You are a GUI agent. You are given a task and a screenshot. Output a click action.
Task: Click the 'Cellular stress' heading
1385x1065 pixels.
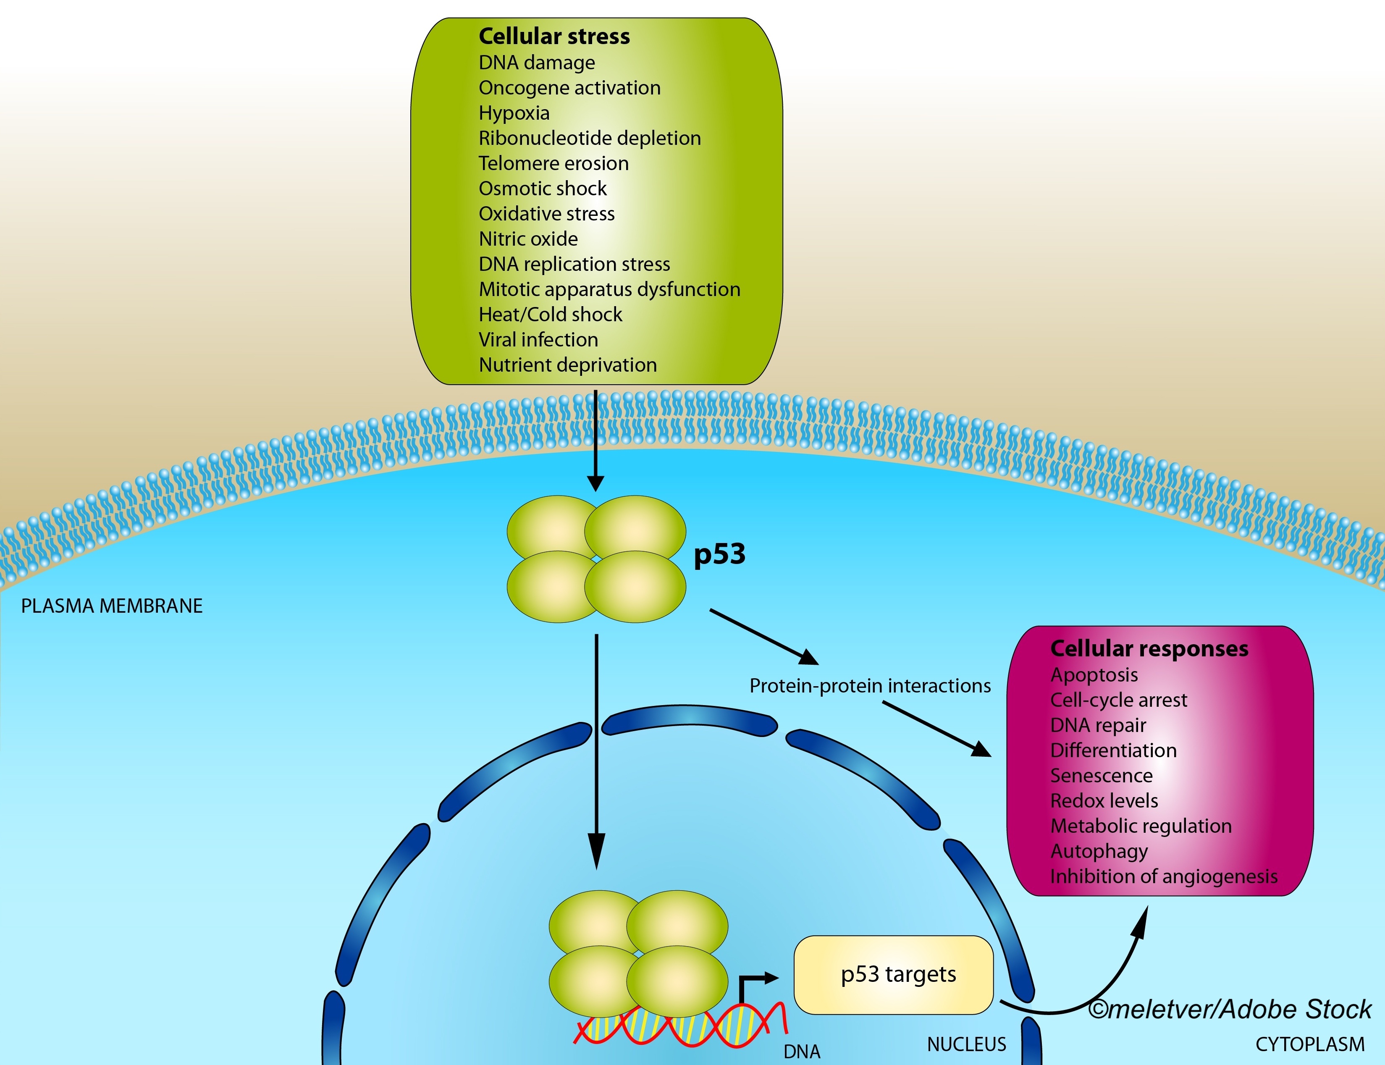coord(554,36)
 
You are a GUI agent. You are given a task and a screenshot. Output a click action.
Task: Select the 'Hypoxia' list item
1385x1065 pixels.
coord(514,113)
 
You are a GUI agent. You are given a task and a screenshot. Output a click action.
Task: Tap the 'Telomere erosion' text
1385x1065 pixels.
coord(553,163)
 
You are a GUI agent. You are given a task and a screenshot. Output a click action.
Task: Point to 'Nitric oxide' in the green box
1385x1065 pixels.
coord(528,239)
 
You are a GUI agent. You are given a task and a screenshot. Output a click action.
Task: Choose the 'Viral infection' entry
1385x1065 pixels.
coord(538,340)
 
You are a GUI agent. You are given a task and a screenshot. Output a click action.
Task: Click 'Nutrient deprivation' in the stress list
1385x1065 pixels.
coord(567,365)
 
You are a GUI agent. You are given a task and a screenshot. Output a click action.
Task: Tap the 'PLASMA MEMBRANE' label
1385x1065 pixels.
coord(112,606)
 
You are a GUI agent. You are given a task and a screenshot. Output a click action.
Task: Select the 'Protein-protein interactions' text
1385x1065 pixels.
coord(870,686)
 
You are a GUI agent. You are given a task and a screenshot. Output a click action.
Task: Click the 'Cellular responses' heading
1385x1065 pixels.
coord(1149,648)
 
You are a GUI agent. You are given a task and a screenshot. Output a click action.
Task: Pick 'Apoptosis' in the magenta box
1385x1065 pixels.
coord(1094,675)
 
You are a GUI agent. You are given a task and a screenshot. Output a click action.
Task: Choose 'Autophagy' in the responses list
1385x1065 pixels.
coord(1099,851)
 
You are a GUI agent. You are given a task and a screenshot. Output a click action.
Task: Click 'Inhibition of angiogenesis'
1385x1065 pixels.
coord(1164,877)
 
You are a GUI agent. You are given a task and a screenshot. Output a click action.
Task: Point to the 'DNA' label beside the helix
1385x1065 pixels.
coord(802,1052)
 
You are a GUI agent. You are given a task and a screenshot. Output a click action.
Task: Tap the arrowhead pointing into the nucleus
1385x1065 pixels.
coord(596,851)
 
